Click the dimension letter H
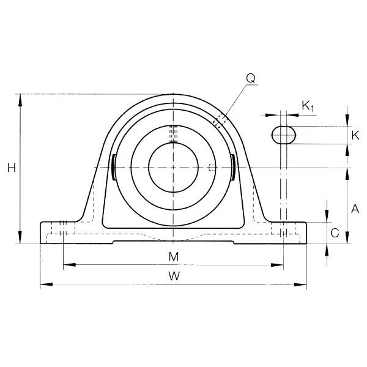(x=12, y=168)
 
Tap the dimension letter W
(x=174, y=276)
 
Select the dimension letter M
(x=174, y=257)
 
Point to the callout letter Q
(x=251, y=79)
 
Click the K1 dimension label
(x=308, y=106)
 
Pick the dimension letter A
(x=355, y=209)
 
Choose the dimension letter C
(x=335, y=233)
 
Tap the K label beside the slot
(x=355, y=135)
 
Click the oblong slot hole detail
(x=283, y=135)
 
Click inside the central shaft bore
(x=173, y=168)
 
